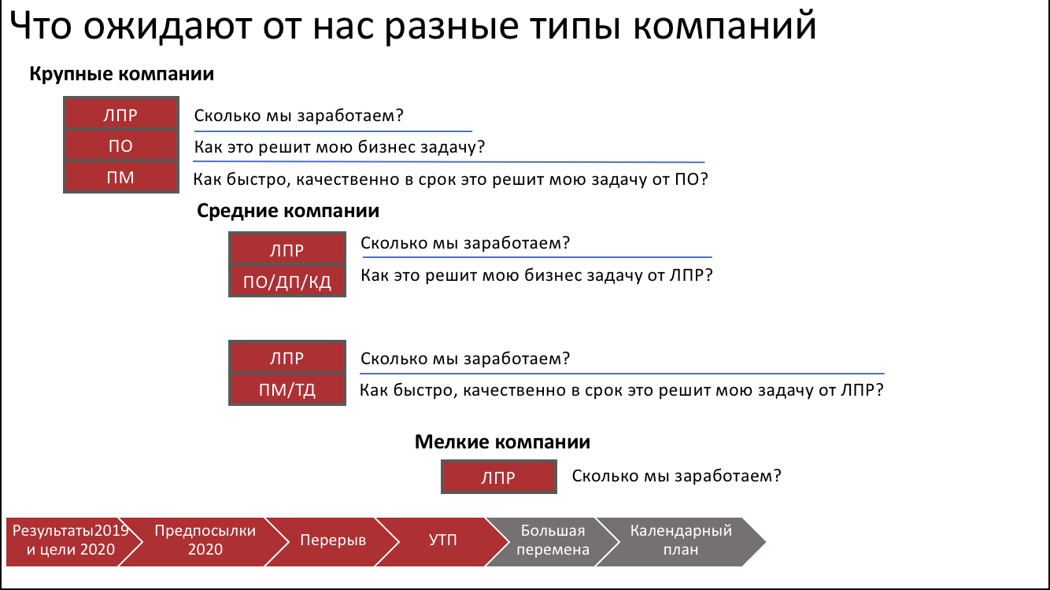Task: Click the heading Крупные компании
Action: pyautogui.click(x=122, y=75)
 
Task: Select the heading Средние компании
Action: pyautogui.click(x=288, y=211)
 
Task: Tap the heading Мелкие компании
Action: pyautogui.click(x=502, y=442)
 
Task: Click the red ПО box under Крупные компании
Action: pyautogui.click(x=120, y=146)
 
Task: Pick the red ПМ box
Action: pyautogui.click(x=120, y=178)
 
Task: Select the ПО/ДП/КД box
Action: pyautogui.click(x=287, y=281)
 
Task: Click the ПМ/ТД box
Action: pyautogui.click(x=287, y=389)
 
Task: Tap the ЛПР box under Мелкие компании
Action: pyautogui.click(x=499, y=478)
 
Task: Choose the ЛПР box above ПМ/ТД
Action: pyautogui.click(x=287, y=358)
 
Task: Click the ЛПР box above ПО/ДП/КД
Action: pyautogui.click(x=287, y=250)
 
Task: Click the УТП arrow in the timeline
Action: pyautogui.click(x=443, y=541)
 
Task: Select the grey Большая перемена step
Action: pyautogui.click(x=554, y=540)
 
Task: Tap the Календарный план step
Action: pyautogui.click(x=681, y=540)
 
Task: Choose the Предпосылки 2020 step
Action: pyautogui.click(x=205, y=540)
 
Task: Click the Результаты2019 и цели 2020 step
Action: pyautogui.click(x=69, y=540)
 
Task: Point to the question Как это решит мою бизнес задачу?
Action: pyautogui.click(x=338, y=147)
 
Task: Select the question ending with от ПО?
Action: pyautogui.click(x=450, y=179)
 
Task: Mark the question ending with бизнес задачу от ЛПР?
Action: pyautogui.click(x=536, y=276)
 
